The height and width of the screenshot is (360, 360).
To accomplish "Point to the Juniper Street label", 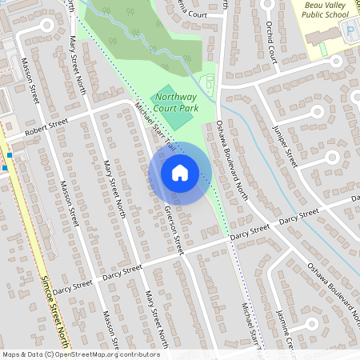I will [285, 143].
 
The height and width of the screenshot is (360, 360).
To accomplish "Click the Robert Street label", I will [47, 125].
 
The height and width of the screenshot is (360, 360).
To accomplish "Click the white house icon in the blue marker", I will [180, 173].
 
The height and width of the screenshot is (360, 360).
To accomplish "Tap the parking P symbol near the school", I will [350, 30].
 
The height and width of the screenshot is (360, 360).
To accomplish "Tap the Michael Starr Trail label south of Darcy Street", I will [251, 324].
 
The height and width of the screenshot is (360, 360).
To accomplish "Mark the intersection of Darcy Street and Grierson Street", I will [183, 254].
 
